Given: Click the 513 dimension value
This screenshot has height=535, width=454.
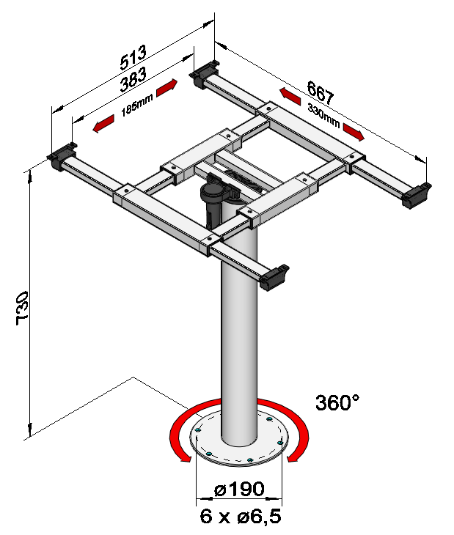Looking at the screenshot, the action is pyautogui.click(x=133, y=56).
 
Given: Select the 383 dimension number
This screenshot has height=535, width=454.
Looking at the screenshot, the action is pyautogui.click(x=133, y=79).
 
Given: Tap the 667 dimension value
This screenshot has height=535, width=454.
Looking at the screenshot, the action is pyautogui.click(x=320, y=92).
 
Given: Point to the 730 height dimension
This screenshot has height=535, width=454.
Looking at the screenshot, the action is pyautogui.click(x=22, y=308).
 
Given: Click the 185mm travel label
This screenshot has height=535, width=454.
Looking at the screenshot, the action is pyautogui.click(x=137, y=105).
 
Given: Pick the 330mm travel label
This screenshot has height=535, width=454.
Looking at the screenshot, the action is pyautogui.click(x=323, y=115).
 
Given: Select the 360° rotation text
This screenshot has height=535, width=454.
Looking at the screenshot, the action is pyautogui.click(x=337, y=402).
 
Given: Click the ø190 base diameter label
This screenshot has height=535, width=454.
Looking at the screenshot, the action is pyautogui.click(x=239, y=490).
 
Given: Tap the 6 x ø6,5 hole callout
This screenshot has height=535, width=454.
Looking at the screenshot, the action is pyautogui.click(x=241, y=516).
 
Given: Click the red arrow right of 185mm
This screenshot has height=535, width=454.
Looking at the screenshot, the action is pyautogui.click(x=167, y=88).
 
